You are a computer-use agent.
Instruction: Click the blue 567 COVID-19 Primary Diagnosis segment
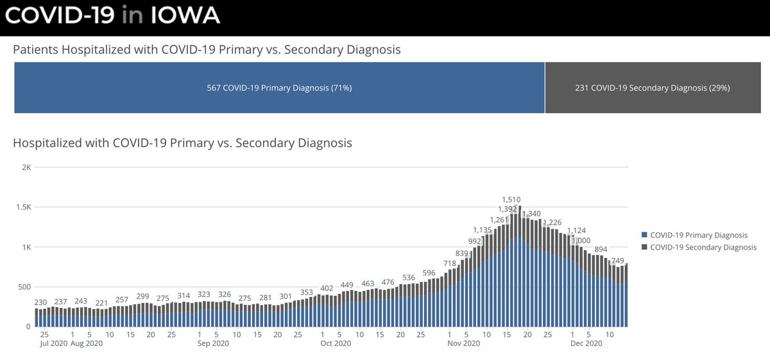(x=279, y=87)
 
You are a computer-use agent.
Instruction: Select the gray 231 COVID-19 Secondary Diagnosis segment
(x=652, y=87)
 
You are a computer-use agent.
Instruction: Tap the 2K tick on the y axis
(x=26, y=167)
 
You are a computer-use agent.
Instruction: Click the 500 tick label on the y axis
(x=24, y=287)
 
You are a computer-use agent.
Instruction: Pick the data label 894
(x=601, y=249)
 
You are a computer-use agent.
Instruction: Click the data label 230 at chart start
(x=40, y=303)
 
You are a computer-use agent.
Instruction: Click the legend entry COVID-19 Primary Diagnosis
(x=699, y=236)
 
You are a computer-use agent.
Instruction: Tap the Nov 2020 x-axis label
(x=463, y=344)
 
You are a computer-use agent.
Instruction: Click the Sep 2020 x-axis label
(x=213, y=344)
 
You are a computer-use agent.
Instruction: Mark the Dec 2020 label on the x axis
(x=585, y=344)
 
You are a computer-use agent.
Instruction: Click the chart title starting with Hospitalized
(x=182, y=143)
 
